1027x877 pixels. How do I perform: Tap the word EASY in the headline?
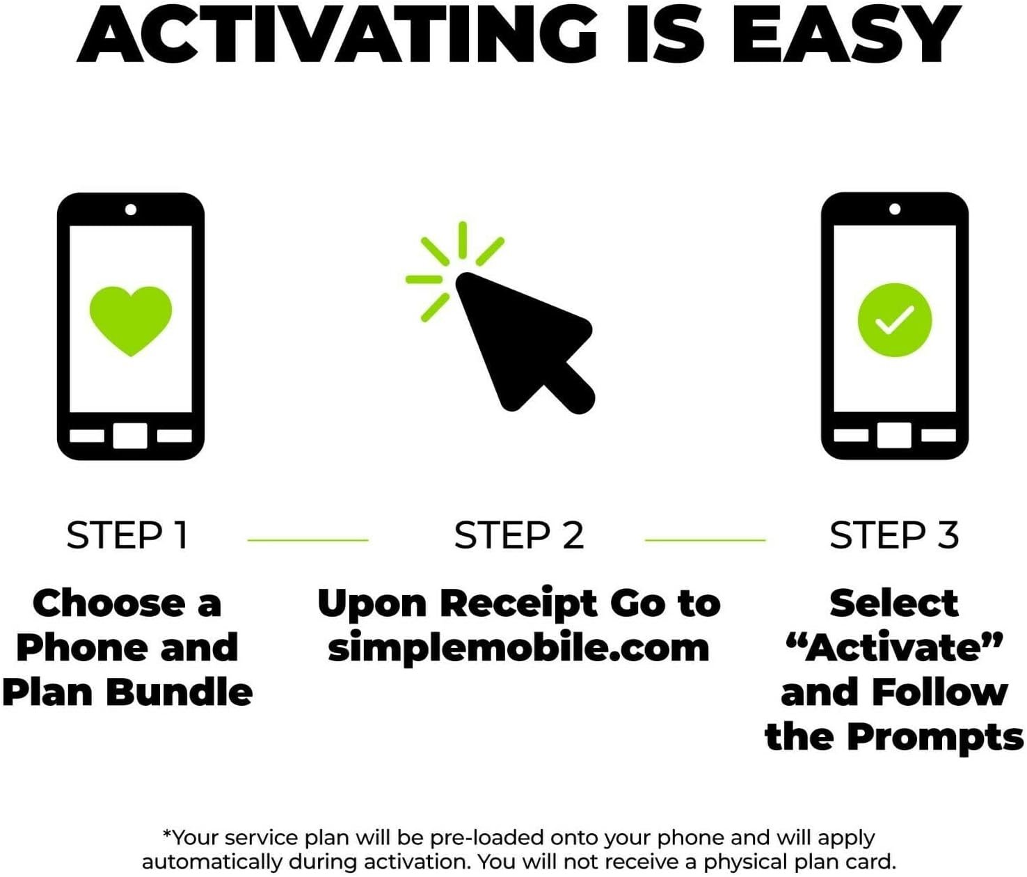845,34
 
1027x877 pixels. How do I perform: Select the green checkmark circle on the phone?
894,320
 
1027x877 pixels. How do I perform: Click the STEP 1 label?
128,535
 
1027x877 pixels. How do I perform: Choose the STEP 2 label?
518,535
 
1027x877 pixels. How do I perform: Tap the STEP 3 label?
894,535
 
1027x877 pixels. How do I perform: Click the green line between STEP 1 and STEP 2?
308,539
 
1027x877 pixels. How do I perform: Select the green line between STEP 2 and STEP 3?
705,539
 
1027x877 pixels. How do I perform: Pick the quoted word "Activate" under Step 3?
894,647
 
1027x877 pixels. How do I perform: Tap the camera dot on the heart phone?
131,210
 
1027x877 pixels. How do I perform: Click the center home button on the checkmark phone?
894,436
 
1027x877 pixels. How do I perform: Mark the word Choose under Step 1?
109,603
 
